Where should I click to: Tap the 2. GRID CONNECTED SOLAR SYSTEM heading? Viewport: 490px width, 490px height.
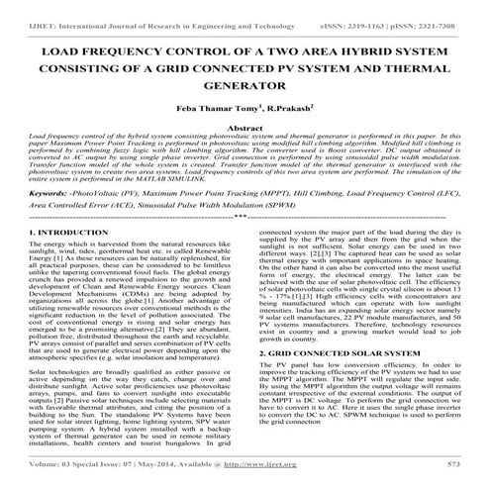(339, 380)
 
